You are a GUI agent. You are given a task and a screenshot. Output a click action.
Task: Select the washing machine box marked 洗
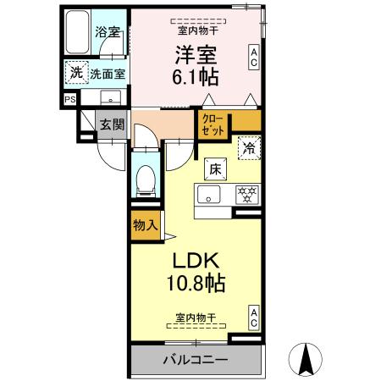pos(76,73)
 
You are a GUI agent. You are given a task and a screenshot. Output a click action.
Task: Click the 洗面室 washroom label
pos(108,74)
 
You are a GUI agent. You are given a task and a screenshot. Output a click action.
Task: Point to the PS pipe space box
pos(69,99)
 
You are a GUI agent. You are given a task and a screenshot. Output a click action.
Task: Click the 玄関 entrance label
pos(111,124)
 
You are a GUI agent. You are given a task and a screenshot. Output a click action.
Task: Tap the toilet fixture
pos(145,179)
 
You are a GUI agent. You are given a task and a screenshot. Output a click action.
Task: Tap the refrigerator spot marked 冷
pos(249,147)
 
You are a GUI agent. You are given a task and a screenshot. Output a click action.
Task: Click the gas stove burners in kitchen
pos(246,195)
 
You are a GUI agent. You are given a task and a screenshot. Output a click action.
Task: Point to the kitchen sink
pos(207,195)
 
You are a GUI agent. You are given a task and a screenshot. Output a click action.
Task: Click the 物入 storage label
pos(144,224)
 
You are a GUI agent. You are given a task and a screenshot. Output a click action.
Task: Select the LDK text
pos(196,258)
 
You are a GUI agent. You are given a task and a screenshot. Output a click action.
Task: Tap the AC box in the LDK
pos(253,317)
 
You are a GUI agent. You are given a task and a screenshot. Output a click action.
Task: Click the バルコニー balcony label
pos(195,360)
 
